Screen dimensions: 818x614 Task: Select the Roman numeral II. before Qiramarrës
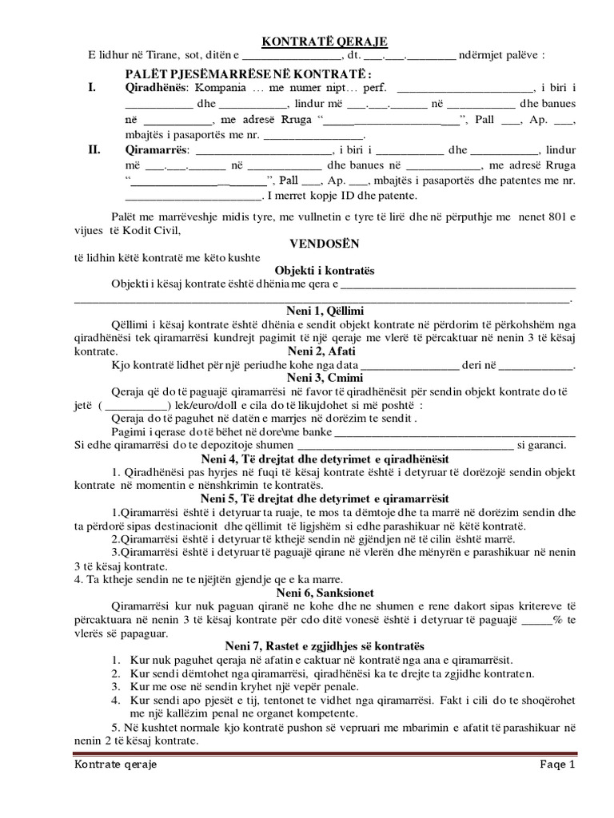(x=95, y=149)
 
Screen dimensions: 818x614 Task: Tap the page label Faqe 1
(x=556, y=764)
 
